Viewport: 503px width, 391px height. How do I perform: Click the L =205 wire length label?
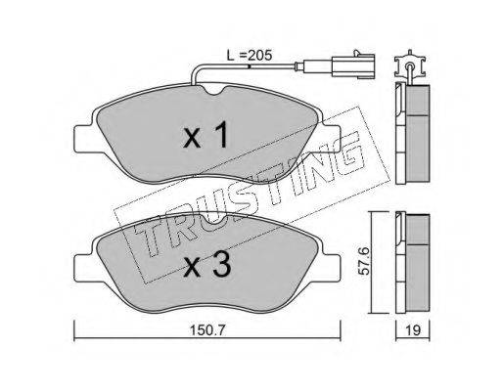pos(250,56)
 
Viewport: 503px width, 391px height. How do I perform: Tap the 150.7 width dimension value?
pos(207,330)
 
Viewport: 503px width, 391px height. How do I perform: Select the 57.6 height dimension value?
pos(364,261)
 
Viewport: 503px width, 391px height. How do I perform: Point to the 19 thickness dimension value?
pos(413,330)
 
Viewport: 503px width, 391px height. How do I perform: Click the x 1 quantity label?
pos(206,136)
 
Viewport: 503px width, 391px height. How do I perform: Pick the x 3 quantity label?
pos(207,265)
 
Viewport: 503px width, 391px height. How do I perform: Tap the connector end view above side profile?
pos(410,65)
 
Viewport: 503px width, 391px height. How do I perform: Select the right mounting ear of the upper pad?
pos(332,140)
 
